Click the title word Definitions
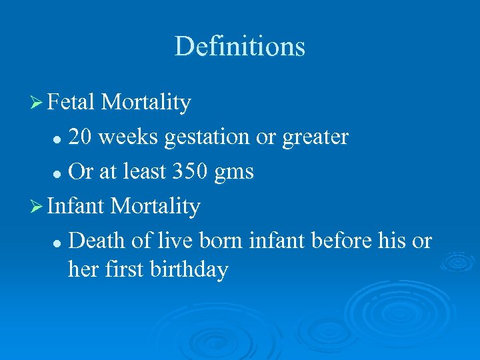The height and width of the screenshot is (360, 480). [239, 47]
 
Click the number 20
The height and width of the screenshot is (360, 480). [81, 137]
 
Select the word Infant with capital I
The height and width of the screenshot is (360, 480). [75, 207]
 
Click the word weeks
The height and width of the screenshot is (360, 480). [129, 137]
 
